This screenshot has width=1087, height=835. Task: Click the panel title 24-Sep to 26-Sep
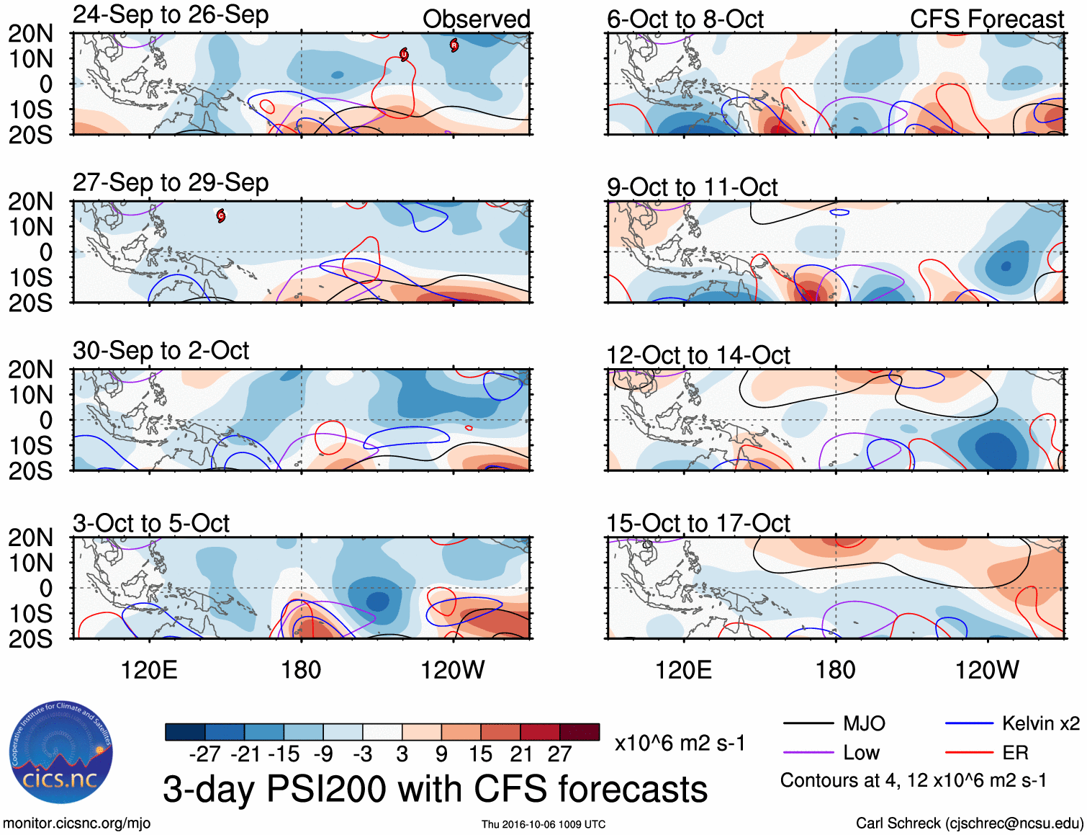[x=171, y=15]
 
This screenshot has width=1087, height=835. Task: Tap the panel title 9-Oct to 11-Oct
[x=692, y=187]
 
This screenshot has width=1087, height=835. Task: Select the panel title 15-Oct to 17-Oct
[x=698, y=523]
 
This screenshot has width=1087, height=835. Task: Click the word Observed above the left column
[x=476, y=19]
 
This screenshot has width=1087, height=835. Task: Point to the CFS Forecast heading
[x=986, y=19]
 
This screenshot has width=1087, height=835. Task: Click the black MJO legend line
[x=808, y=723]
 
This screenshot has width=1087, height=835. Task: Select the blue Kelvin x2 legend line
[x=969, y=723]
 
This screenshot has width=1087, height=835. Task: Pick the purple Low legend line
[x=808, y=752]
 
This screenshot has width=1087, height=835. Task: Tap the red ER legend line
[x=969, y=752]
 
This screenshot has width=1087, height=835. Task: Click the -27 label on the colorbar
[x=204, y=754]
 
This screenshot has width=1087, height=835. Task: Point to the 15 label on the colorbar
[x=481, y=754]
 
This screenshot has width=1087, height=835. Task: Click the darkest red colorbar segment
[x=579, y=732]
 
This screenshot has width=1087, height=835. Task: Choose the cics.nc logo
[x=61, y=754]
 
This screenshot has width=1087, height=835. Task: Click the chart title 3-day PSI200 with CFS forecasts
[x=435, y=789]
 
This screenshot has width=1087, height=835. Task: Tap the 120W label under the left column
[x=452, y=670]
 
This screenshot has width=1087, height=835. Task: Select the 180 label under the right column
[x=835, y=670]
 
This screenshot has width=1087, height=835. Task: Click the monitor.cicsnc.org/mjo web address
[x=77, y=823]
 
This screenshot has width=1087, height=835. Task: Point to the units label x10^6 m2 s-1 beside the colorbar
[x=680, y=743]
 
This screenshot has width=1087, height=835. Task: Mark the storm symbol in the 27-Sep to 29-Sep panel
[x=221, y=215]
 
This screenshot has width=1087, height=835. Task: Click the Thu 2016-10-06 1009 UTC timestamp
[x=543, y=824]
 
